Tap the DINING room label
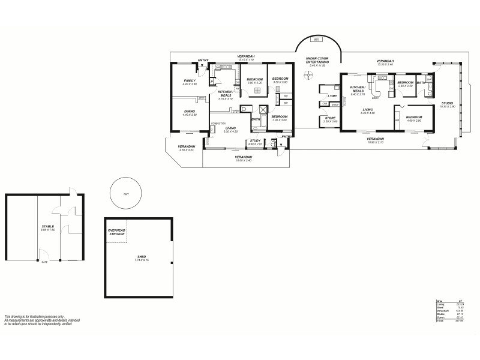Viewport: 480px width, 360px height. [x=190, y=112]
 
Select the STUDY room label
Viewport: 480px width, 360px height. [x=256, y=142]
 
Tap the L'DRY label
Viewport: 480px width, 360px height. [x=331, y=96]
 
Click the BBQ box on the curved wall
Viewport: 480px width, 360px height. [x=317, y=40]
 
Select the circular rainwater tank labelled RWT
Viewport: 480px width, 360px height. [x=126, y=194]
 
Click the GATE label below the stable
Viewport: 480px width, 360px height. [x=44, y=262]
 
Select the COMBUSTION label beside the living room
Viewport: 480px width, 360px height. [x=218, y=123]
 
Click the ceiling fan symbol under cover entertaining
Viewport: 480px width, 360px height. [x=309, y=75]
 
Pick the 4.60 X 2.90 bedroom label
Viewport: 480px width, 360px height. [x=414, y=119]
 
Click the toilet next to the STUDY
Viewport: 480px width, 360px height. [x=273, y=145]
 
